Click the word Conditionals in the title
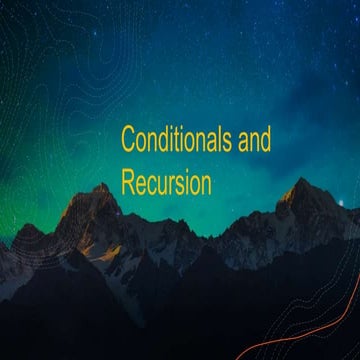click(176, 141)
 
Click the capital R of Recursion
click(129, 183)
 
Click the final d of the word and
click(266, 141)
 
